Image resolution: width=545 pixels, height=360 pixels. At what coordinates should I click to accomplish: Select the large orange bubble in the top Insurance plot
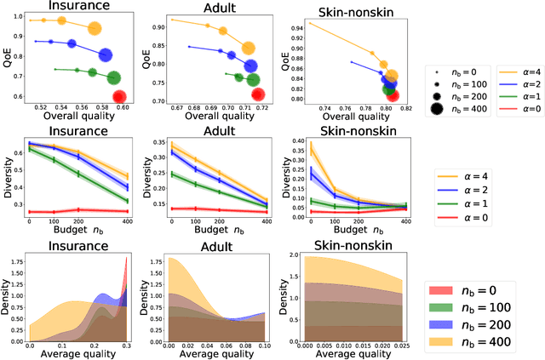pos(95,28)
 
